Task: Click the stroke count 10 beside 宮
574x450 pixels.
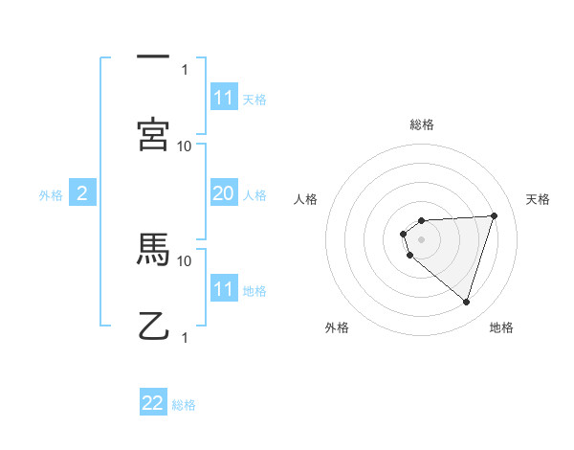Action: (x=185, y=146)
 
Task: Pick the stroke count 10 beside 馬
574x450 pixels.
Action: (x=185, y=260)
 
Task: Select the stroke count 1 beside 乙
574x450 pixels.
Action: (x=185, y=337)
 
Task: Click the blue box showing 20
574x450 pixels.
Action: (x=223, y=193)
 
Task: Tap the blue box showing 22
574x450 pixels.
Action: (x=153, y=403)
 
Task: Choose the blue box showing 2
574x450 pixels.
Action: (x=82, y=193)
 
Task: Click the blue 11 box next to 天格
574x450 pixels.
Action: (x=223, y=98)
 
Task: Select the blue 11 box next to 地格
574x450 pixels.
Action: (x=223, y=289)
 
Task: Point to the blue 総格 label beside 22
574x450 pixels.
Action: (x=184, y=405)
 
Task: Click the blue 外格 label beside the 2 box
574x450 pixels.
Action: (x=51, y=195)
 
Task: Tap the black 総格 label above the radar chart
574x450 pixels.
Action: (x=422, y=124)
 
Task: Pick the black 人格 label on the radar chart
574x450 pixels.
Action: (x=305, y=199)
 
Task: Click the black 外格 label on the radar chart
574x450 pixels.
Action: (x=337, y=327)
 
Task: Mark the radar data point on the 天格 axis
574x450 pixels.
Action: (x=494, y=215)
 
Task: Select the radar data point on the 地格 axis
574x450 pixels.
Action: (x=466, y=303)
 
